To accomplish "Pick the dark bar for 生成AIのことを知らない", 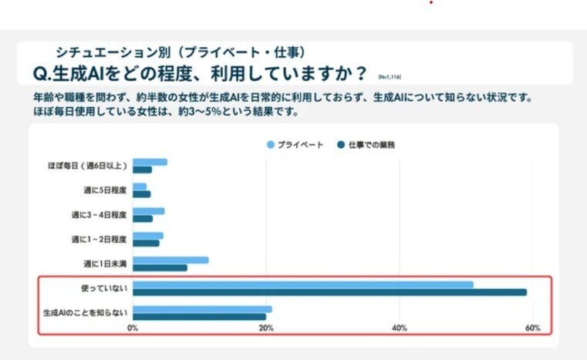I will pos(199,317).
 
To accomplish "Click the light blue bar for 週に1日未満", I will pos(170,260).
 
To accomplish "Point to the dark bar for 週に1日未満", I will pos(160,267).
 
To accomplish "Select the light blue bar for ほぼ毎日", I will pos(150,162).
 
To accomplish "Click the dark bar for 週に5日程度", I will pos(141,194).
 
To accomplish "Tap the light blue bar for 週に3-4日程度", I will pos(148,210).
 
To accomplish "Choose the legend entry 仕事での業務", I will pos(371,144).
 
